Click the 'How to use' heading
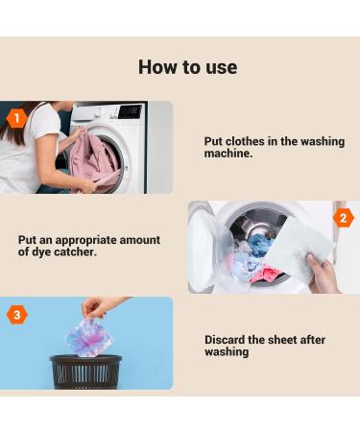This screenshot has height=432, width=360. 187,67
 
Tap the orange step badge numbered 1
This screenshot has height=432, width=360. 15,118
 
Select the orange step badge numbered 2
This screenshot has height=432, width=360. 344,218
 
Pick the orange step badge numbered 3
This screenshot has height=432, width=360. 16,315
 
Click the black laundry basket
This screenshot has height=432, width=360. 85,371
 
